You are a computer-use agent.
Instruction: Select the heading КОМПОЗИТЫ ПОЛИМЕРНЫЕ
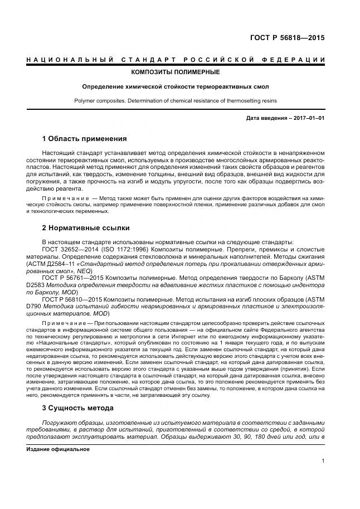pos(175,72)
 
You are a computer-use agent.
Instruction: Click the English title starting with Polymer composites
pos(175,101)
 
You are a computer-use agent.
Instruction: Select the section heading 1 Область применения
pos(85,138)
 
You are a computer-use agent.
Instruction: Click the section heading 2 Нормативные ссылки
pos(86,228)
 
